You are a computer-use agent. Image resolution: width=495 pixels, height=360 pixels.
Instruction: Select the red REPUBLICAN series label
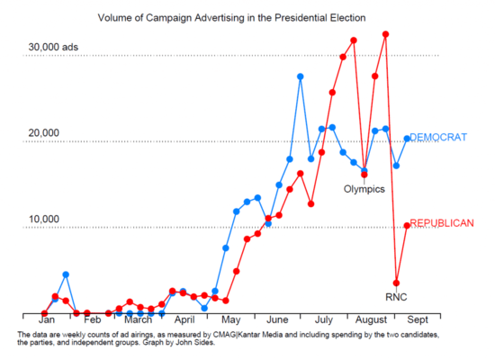coord(442,223)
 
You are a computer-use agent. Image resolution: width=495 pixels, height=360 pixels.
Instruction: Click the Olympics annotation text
coord(364,189)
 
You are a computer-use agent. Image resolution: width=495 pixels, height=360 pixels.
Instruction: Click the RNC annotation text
coord(396,296)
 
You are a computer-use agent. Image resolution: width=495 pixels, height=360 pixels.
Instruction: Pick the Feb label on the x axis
coord(92,320)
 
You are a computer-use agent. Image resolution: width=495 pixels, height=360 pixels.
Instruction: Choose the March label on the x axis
coord(138,320)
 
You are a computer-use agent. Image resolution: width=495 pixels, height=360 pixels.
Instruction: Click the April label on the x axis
coord(184,320)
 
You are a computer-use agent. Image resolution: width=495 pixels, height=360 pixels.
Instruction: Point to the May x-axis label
coord(231,320)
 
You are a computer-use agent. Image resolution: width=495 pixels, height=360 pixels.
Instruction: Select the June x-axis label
coord(277,320)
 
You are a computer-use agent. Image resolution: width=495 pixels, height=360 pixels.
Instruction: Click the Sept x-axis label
coord(417,320)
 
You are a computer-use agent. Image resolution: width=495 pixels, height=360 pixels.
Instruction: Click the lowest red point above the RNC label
coord(396,283)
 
